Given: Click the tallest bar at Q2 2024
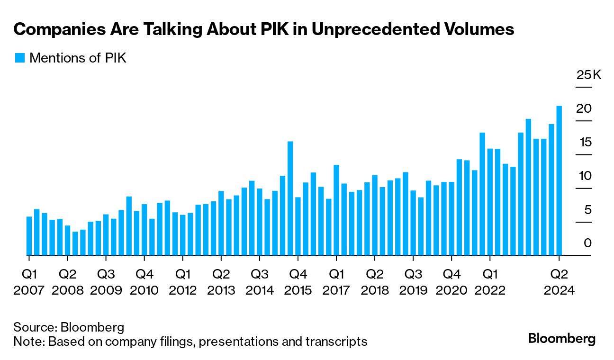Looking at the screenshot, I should tap(559, 180).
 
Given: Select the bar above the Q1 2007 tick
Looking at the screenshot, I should tap(29, 236).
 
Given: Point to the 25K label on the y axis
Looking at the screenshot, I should tap(588, 75).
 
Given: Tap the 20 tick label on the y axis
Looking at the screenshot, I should tap(584, 108).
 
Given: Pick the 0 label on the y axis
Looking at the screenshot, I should tap(588, 243).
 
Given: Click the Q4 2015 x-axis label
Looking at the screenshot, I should tap(298, 282).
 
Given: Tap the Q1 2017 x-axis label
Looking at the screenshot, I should tap(336, 282).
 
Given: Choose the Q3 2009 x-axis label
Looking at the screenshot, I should tap(106, 282).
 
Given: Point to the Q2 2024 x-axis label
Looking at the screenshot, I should tap(560, 282).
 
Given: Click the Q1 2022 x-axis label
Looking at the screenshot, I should tap(490, 282).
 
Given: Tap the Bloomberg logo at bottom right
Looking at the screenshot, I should tap(562, 339).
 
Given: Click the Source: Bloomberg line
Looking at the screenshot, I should tap(69, 327).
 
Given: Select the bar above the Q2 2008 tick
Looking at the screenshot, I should tap(67, 240).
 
